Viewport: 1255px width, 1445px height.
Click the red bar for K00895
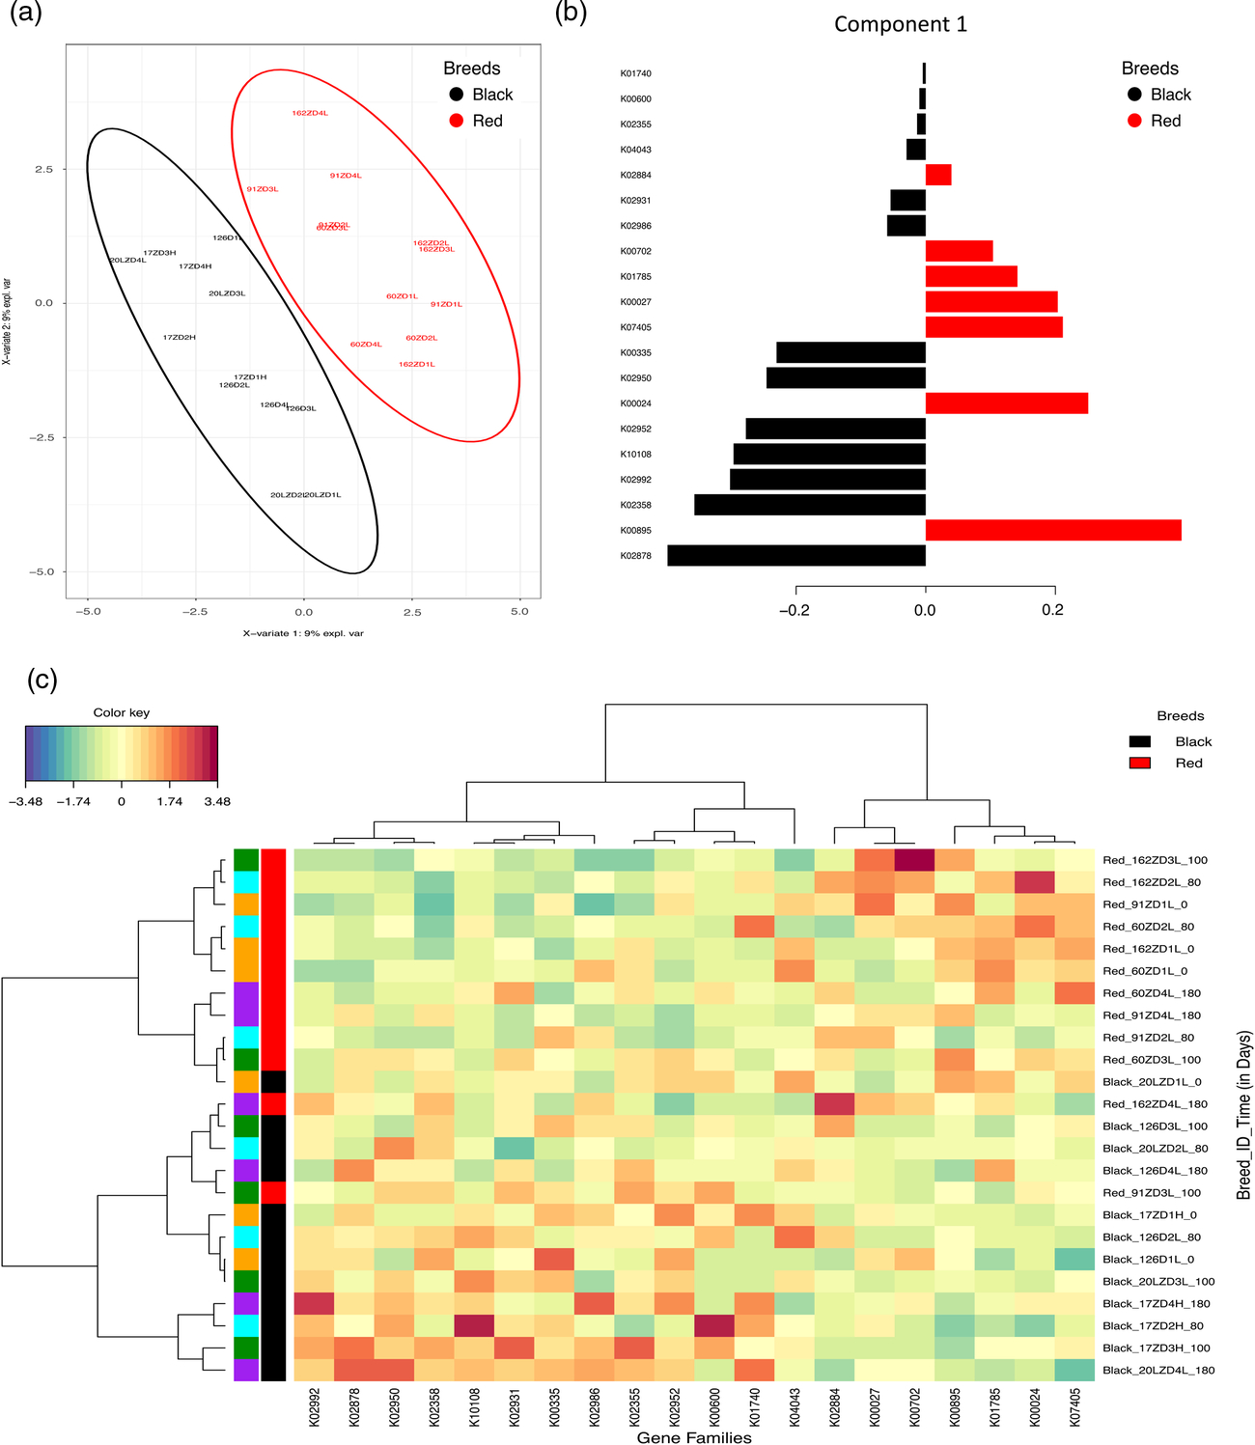click(x=1052, y=530)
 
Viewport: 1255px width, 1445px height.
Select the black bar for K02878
click(x=796, y=555)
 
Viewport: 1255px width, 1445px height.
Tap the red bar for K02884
click(x=938, y=175)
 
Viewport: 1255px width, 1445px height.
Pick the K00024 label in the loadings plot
click(x=635, y=403)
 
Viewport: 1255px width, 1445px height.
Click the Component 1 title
click(x=900, y=24)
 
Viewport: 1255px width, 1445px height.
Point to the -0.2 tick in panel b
click(x=795, y=610)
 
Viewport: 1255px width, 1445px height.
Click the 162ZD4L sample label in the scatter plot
click(x=310, y=113)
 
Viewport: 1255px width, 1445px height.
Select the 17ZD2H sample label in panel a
click(x=179, y=338)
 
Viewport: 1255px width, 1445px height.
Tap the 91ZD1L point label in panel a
click(x=446, y=304)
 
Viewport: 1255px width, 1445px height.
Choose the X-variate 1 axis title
click(x=303, y=633)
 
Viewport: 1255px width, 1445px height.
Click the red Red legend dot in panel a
click(x=457, y=121)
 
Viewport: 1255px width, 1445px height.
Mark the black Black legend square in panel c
click(x=1140, y=741)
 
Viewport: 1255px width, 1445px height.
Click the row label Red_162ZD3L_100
click(x=1155, y=860)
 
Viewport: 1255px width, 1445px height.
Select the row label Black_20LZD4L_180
click(x=1158, y=1370)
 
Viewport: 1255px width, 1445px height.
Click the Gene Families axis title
click(x=693, y=1437)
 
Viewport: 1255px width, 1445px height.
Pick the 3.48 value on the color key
click(x=217, y=801)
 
